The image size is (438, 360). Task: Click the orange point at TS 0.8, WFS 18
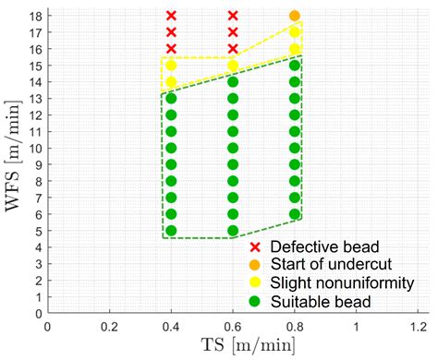click(295, 16)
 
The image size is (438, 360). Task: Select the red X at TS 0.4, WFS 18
click(171, 16)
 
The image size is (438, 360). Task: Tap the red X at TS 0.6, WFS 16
click(233, 49)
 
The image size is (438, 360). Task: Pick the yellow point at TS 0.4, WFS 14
click(171, 82)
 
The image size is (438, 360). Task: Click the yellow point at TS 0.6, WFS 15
click(233, 66)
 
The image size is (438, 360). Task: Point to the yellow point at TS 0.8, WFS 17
click(295, 32)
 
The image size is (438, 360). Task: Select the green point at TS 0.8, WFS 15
click(295, 66)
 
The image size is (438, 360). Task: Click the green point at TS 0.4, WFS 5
click(171, 231)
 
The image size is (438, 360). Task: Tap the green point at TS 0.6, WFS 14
click(233, 82)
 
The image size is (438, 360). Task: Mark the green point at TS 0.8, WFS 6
click(295, 214)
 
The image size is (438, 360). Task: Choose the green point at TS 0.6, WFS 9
click(233, 164)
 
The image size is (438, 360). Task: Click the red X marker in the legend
click(255, 246)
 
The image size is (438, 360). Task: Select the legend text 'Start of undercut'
click(331, 264)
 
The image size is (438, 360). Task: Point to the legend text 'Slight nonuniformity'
click(342, 283)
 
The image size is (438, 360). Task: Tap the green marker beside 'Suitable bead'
click(255, 302)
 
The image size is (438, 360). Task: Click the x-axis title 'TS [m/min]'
click(249, 345)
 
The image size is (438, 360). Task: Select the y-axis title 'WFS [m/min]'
click(13, 155)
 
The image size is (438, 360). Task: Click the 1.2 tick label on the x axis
click(418, 327)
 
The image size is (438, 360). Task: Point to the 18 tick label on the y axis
click(37, 16)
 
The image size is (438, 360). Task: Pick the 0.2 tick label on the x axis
click(109, 327)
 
